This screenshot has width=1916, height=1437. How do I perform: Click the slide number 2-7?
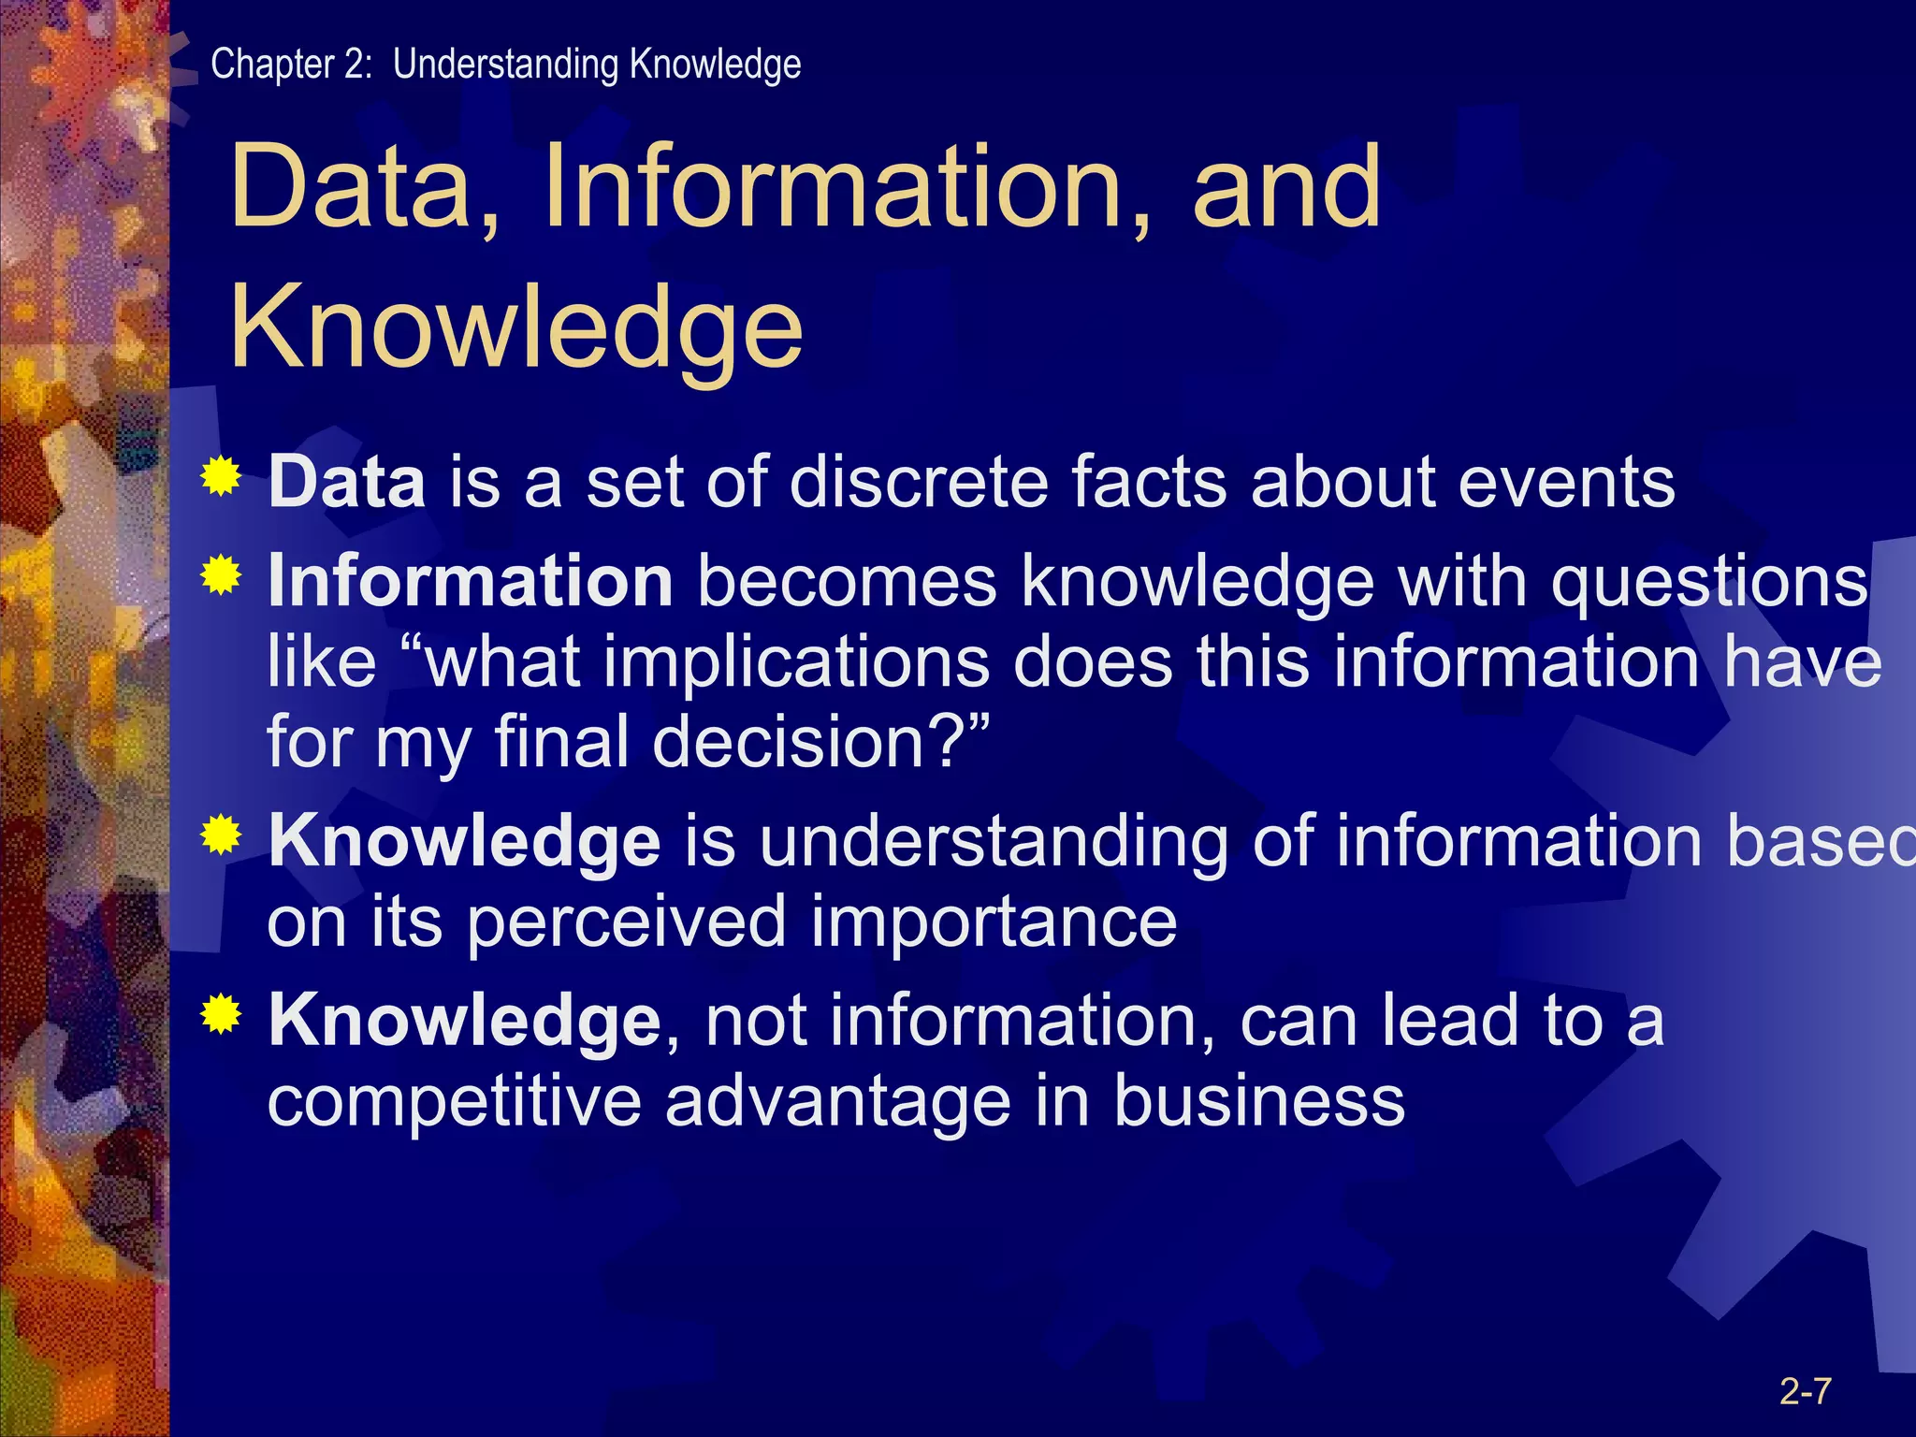point(1805,1392)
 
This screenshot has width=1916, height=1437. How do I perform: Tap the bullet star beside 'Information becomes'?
point(221,575)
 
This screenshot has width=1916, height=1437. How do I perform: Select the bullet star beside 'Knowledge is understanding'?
point(221,835)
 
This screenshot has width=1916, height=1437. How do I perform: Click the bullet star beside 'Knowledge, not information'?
point(221,1014)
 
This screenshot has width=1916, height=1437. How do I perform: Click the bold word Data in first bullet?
point(347,483)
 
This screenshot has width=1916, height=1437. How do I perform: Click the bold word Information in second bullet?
point(470,581)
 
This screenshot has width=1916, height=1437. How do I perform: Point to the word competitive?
point(455,1102)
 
